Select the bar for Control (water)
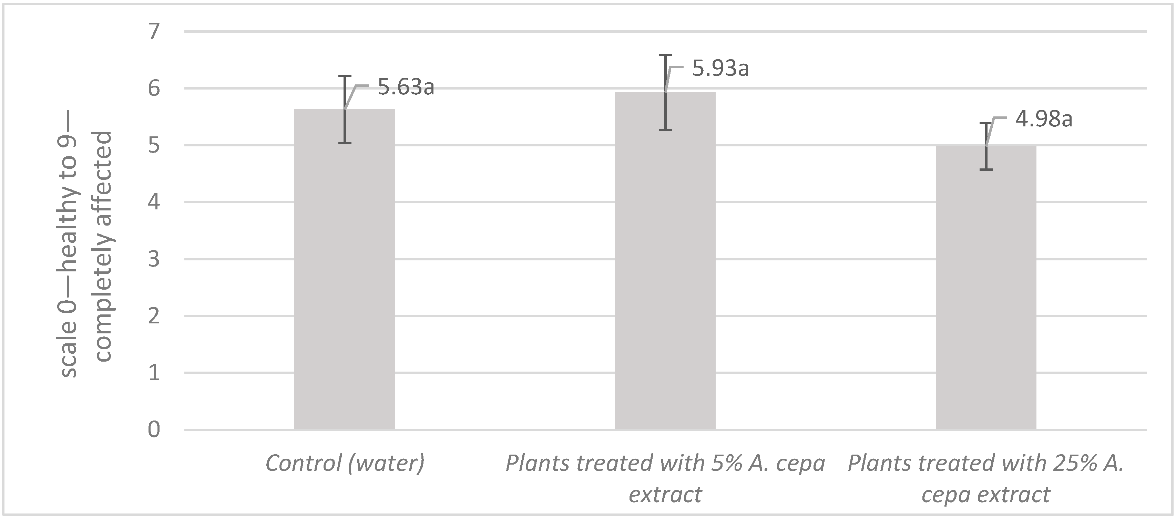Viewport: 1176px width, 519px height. coord(344,274)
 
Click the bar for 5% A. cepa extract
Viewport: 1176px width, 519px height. coord(665,265)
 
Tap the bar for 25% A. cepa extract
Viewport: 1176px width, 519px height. coord(986,292)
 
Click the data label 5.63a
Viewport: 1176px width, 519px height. coord(406,87)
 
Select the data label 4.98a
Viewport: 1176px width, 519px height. coord(1044,119)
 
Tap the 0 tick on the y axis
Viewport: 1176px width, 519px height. coord(154,429)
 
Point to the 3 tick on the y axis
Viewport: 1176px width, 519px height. coord(154,259)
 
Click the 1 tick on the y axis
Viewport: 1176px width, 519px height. coord(154,373)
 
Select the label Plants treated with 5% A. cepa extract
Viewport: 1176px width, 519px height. coord(665,478)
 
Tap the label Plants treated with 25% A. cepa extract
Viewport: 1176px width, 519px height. coord(986,478)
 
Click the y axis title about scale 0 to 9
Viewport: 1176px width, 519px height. coord(87,253)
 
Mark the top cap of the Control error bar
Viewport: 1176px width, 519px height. coord(345,76)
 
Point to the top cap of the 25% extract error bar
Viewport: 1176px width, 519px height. coord(986,123)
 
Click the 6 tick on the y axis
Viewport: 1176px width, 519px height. coord(154,89)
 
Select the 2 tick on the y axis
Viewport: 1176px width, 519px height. coord(154,316)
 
